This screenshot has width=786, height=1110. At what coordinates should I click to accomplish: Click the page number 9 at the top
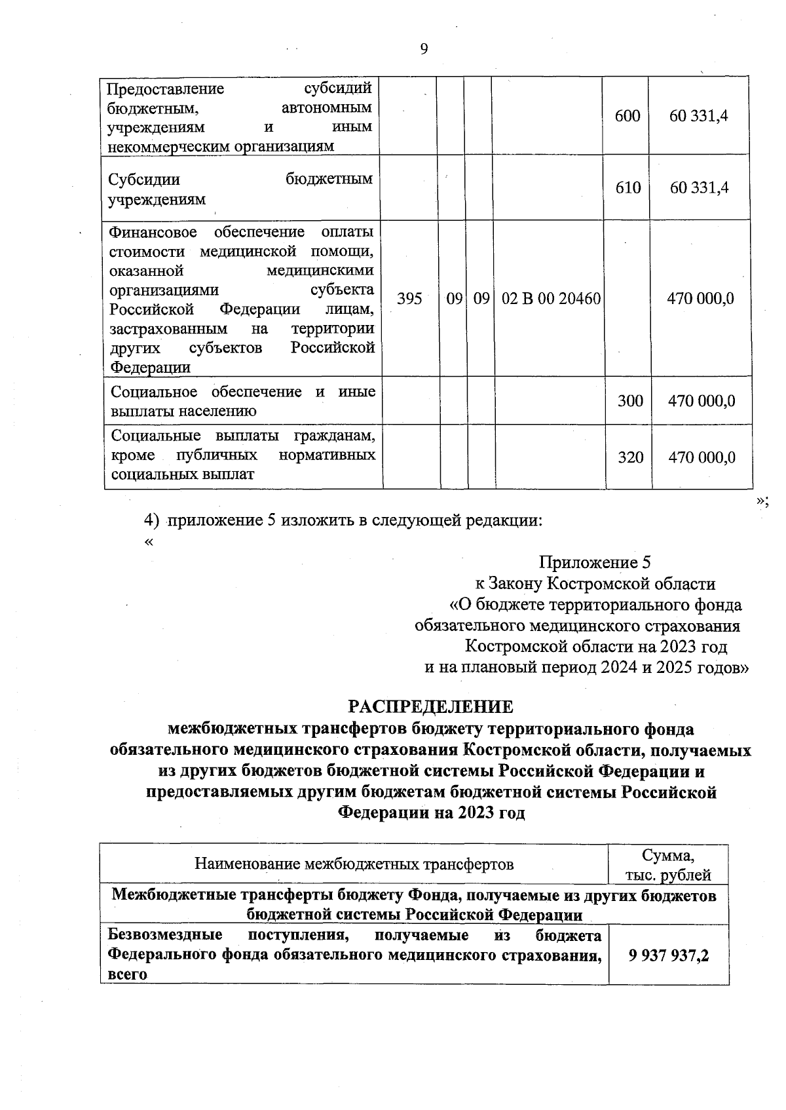pyautogui.click(x=424, y=49)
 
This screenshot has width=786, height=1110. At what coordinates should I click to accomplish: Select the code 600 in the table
pyautogui.click(x=627, y=116)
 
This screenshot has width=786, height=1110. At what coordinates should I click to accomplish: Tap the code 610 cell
pyautogui.click(x=627, y=188)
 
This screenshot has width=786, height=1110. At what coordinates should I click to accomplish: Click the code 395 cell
pyautogui.click(x=409, y=299)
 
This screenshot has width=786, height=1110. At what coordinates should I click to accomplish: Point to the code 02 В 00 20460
pyautogui.click(x=551, y=299)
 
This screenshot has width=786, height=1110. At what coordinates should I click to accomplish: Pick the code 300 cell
pyautogui.click(x=630, y=400)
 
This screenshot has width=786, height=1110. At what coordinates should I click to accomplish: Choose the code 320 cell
pyautogui.click(x=630, y=457)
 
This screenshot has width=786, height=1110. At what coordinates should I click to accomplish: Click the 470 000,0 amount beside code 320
pyautogui.click(x=701, y=457)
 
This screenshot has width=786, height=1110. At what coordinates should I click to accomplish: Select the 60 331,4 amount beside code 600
pyautogui.click(x=699, y=116)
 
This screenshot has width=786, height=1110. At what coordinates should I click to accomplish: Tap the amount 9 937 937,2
pyautogui.click(x=669, y=955)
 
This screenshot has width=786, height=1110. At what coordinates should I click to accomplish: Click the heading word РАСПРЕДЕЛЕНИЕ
pyautogui.click(x=430, y=706)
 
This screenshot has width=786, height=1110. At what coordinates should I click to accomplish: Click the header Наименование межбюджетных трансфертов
pyautogui.click(x=354, y=864)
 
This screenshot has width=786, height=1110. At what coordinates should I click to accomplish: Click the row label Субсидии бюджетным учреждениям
pyautogui.click(x=240, y=189)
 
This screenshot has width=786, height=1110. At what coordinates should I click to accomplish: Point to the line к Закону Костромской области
pyautogui.click(x=595, y=583)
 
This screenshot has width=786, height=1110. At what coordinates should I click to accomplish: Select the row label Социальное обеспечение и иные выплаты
pyautogui.click(x=243, y=401)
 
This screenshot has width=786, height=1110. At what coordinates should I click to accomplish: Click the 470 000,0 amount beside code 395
pyautogui.click(x=700, y=299)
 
